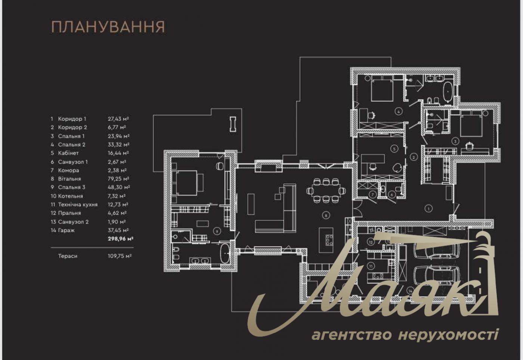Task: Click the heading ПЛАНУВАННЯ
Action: [x=108, y=27]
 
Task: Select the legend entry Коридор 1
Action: [x=72, y=119]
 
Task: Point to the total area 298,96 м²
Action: [x=120, y=239]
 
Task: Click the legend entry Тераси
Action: [x=68, y=256]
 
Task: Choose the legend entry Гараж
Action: [x=66, y=230]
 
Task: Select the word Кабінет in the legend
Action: [x=68, y=153]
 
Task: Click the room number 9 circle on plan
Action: [x=217, y=231]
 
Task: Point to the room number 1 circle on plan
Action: [x=429, y=208]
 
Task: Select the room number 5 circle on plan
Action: [x=394, y=148]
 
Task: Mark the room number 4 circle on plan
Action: [x=399, y=111]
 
